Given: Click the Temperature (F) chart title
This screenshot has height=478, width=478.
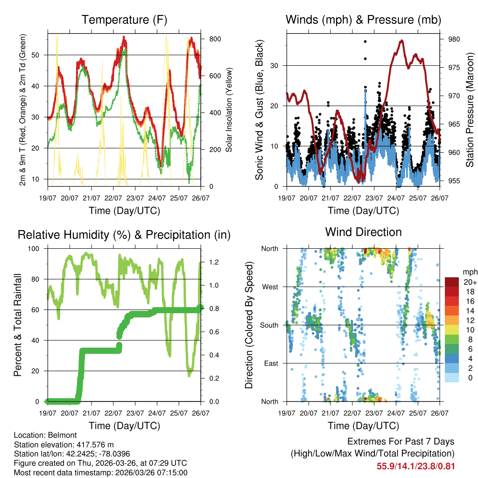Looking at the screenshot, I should pyautogui.click(x=124, y=20).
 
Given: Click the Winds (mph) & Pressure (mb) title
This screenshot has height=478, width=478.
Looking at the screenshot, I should pyautogui.click(x=363, y=20).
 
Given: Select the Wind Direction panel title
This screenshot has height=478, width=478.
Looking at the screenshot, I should pyautogui.click(x=363, y=232).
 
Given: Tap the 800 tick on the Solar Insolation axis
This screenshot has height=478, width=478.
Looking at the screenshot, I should pyautogui.click(x=211, y=39).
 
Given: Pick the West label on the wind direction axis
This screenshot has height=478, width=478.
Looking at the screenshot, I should pyautogui.click(x=271, y=287).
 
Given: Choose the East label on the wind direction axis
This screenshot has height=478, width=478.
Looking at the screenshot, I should pyautogui.click(x=272, y=363).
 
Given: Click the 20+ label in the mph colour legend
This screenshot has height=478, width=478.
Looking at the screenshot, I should pyautogui.click(x=470, y=282).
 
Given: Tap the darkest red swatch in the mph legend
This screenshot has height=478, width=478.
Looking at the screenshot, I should pyautogui.click(x=452, y=282).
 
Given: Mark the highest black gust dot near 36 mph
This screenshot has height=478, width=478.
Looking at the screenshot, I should pyautogui.click(x=365, y=42).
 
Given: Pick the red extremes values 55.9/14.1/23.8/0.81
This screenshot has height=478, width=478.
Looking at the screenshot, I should pyautogui.click(x=415, y=466).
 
